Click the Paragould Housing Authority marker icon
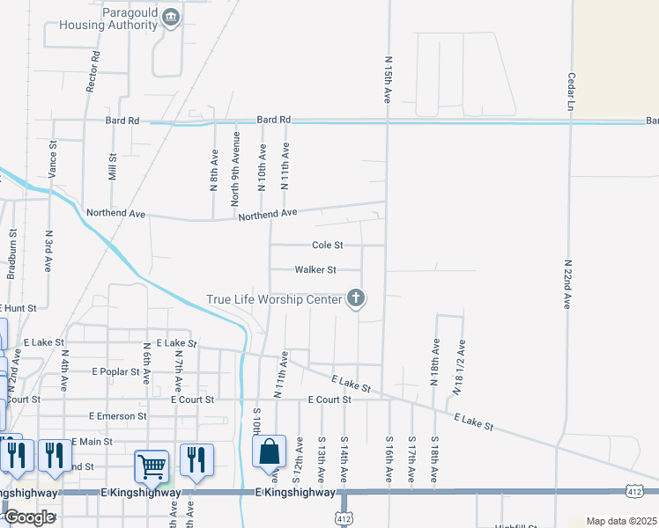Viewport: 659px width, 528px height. tap(172, 18)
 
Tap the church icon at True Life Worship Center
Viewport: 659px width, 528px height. tap(357, 299)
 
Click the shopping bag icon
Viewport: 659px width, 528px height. tap(270, 451)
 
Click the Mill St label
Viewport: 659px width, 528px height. tap(112, 166)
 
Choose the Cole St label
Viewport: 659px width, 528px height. tap(327, 246)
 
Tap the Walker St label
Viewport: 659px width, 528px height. tap(315, 270)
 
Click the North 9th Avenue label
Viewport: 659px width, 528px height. tap(235, 169)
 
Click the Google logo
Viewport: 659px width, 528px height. tap(29, 517)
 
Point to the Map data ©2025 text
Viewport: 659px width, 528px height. tap(621, 521)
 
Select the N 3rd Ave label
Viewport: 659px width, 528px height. tap(48, 251)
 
